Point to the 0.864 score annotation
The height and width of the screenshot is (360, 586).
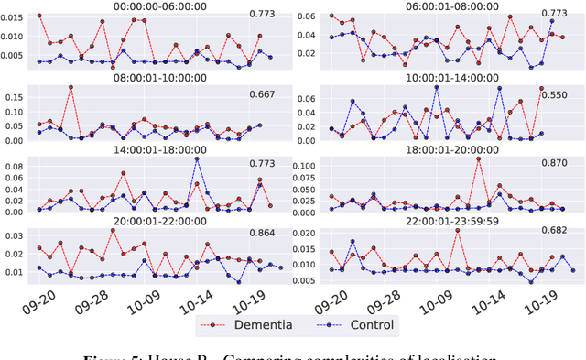coord(263,237)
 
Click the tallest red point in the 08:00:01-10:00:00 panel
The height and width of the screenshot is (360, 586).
coord(71,87)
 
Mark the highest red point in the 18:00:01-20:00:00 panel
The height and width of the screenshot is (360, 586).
coord(478,159)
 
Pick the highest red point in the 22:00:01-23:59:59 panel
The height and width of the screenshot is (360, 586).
coord(457,231)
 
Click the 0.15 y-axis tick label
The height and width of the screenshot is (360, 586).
coord(14,94)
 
